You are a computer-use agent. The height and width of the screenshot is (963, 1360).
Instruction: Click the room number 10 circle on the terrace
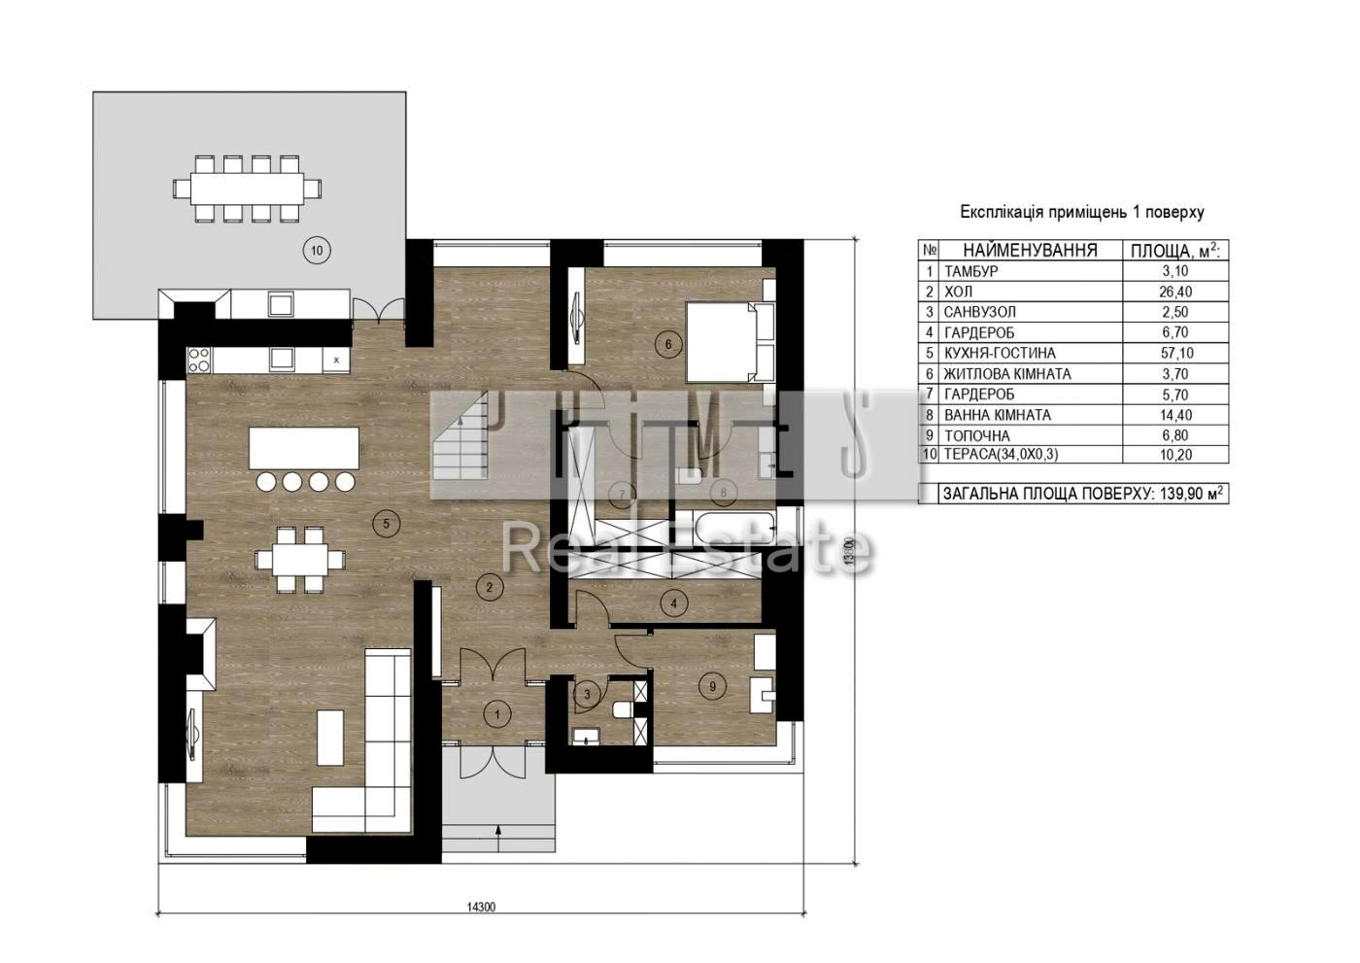[317, 250]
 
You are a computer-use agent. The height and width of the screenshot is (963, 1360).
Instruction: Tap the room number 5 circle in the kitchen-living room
[387, 524]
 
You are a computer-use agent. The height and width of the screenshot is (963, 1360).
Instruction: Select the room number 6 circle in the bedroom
[668, 345]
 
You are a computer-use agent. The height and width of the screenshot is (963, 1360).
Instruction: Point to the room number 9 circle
[712, 687]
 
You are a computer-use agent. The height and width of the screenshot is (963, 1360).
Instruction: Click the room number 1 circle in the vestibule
[497, 714]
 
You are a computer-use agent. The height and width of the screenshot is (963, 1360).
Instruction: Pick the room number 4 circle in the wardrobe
[673, 603]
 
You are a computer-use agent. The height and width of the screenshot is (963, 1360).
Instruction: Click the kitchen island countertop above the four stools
[304, 448]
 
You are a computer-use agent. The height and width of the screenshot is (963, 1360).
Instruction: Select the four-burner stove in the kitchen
[199, 360]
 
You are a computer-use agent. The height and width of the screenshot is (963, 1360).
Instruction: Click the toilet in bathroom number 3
[623, 708]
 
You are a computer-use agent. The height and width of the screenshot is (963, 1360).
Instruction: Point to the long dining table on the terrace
[247, 189]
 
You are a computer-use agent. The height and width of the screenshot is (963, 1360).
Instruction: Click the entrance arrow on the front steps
[498, 838]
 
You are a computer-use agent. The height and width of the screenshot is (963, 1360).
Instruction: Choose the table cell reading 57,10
[1175, 354]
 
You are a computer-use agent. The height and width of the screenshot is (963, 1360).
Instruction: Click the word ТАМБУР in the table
[970, 271]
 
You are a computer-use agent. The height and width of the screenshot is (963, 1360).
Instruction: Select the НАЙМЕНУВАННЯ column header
[1031, 250]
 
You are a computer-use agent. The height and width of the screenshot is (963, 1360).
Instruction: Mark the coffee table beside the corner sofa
[331, 738]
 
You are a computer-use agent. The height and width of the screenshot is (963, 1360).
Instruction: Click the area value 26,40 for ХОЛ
[1175, 292]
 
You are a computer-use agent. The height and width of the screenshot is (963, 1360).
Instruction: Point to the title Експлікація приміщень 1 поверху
[1082, 212]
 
